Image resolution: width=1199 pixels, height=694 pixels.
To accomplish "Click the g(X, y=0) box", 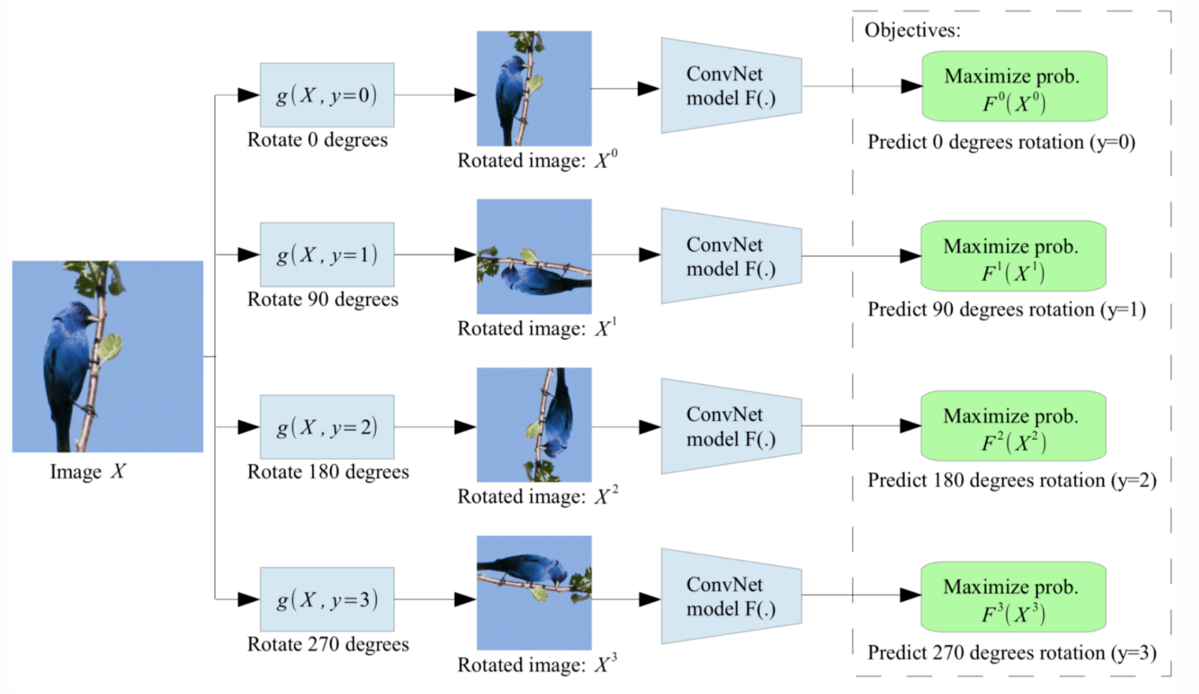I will click(326, 95).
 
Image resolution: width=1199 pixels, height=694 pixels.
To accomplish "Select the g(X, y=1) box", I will click(326, 254).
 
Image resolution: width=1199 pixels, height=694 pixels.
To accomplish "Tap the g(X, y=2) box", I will click(326, 426).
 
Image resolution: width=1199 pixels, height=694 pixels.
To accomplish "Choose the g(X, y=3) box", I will click(326, 599).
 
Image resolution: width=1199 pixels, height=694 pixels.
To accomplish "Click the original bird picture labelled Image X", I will click(108, 356).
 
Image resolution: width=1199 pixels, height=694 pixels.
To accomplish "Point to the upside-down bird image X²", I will click(534, 424).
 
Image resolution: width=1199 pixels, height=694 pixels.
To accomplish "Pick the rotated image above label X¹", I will click(534, 257).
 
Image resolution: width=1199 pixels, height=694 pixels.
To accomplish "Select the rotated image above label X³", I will click(534, 592).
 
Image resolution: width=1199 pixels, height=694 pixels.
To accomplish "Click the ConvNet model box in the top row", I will click(731, 86).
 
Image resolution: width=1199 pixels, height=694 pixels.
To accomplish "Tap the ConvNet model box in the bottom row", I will click(731, 596).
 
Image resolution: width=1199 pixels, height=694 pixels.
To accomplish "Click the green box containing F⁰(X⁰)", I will click(1014, 87).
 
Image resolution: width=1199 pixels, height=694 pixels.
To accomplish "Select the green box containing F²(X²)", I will click(1013, 426).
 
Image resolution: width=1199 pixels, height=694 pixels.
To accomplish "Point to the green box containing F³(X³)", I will click(1013, 596).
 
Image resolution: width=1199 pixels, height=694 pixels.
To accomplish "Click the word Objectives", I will click(912, 31).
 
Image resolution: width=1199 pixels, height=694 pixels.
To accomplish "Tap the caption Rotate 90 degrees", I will click(323, 300).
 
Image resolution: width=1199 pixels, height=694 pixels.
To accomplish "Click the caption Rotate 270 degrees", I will click(328, 644).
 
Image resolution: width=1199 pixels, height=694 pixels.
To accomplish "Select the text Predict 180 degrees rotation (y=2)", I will click(1012, 481).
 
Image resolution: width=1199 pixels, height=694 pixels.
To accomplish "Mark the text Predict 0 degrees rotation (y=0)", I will click(1001, 142).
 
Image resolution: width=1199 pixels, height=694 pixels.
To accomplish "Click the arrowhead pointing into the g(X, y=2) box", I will click(249, 426).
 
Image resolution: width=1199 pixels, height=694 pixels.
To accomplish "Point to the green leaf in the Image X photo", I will click(110, 346).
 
